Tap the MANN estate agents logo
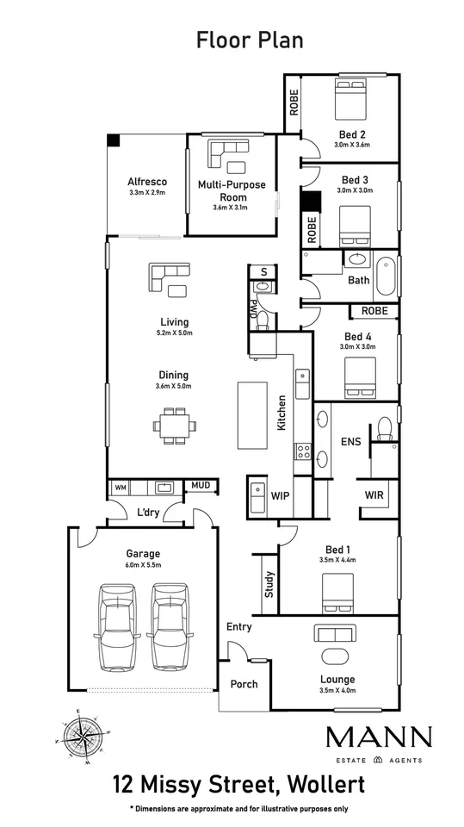coord(379,744)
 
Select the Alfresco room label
coord(147,182)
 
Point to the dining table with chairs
coord(175,425)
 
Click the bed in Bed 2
coord(350,98)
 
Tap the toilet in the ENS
coord(386,429)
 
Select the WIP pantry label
coord(280,496)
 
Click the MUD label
coord(200,485)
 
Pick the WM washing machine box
coord(121,488)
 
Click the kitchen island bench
coord(252,415)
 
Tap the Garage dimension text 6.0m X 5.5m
coord(143,565)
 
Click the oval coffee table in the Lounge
coord(335,656)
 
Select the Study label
coord(269,584)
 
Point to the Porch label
coord(244,684)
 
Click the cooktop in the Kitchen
coord(303,451)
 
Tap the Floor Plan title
coord(250,40)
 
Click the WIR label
coord(374,496)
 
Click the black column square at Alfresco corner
coord(114,140)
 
